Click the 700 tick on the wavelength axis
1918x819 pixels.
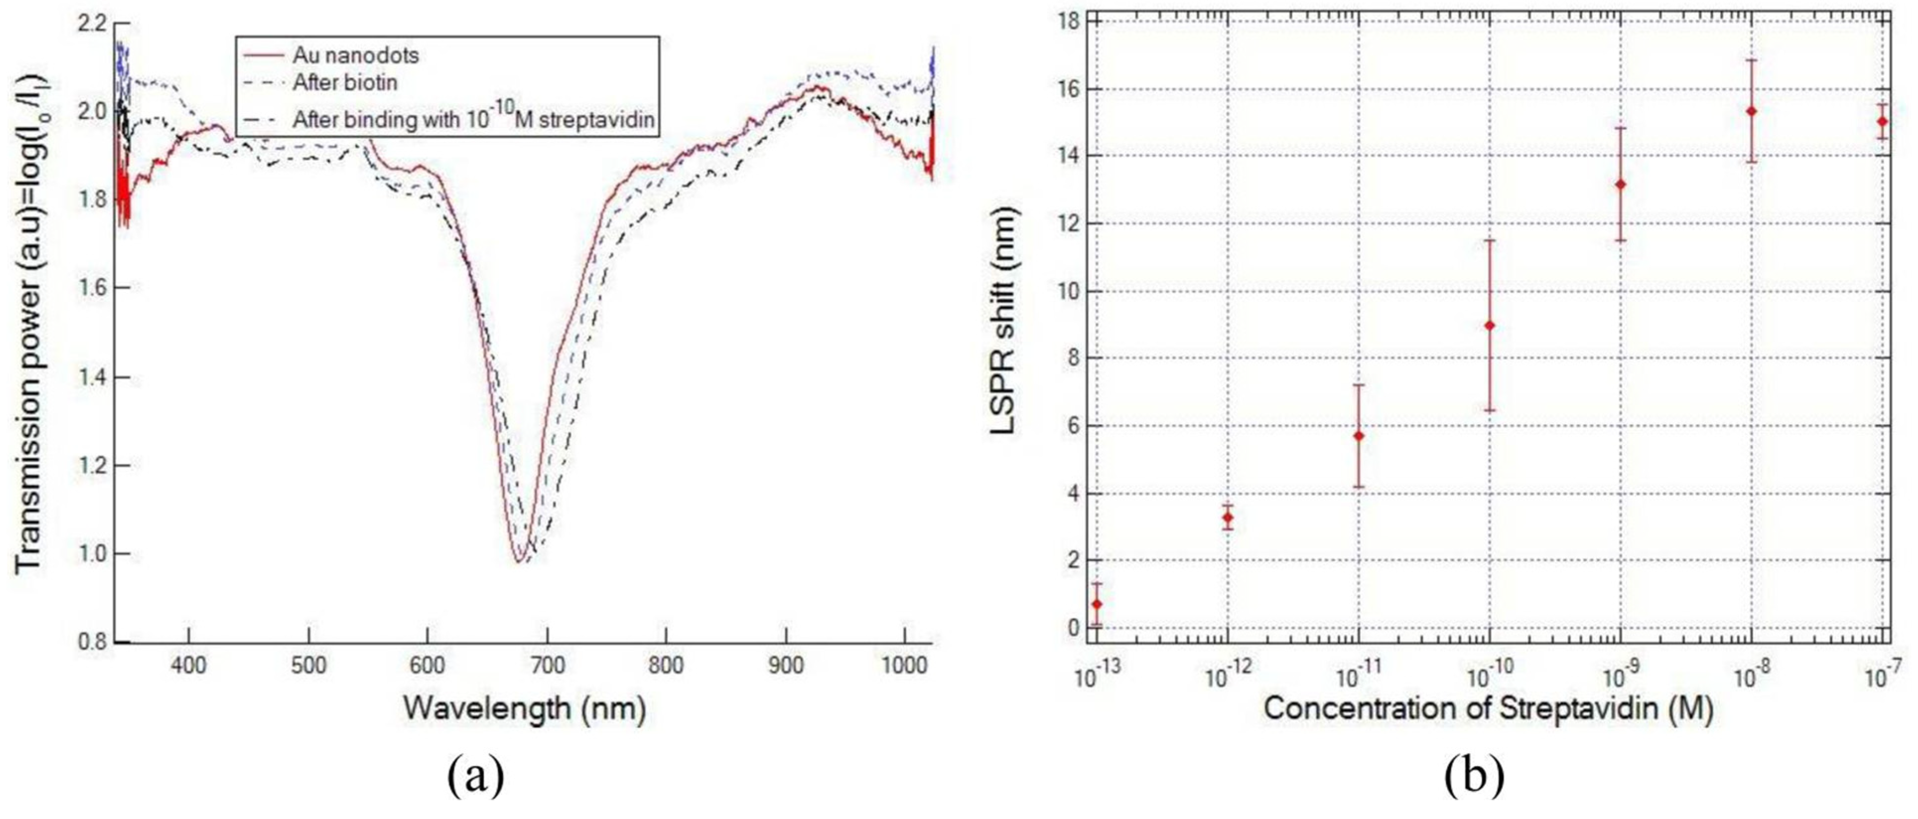click(x=547, y=665)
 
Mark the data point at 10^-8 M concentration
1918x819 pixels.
click(x=1752, y=111)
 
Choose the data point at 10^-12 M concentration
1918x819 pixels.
click(x=1227, y=517)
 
